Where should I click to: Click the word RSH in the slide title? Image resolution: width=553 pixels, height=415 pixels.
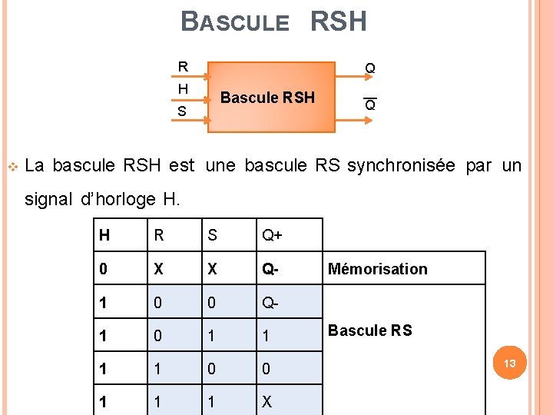tap(338, 22)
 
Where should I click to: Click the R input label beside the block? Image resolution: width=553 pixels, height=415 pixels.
tap(183, 67)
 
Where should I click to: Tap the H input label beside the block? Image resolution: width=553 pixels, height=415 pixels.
tap(183, 89)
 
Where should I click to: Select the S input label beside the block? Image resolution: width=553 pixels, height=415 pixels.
tap(182, 111)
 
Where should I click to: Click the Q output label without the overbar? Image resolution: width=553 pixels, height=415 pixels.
tap(370, 69)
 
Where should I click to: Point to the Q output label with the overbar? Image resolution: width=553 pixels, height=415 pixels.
tap(370, 105)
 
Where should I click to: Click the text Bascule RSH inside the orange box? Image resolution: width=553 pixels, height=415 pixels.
tap(267, 98)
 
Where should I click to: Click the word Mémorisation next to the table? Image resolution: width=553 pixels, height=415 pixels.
tap(377, 269)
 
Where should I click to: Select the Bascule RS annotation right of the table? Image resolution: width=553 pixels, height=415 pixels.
tap(369, 330)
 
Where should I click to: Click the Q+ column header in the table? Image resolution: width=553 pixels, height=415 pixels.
tap(272, 235)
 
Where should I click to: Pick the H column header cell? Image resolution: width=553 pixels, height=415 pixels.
tap(104, 235)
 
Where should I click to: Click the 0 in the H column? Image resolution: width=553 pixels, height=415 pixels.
tap(103, 269)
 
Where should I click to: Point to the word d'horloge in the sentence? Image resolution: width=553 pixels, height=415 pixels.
tap(118, 201)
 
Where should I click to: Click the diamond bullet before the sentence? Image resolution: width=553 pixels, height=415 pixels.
tap(11, 166)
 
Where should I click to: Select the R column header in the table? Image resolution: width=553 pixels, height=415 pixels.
tap(159, 235)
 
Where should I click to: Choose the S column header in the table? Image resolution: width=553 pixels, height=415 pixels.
tap(213, 235)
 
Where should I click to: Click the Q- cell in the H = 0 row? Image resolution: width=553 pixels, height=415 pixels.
tap(270, 269)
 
